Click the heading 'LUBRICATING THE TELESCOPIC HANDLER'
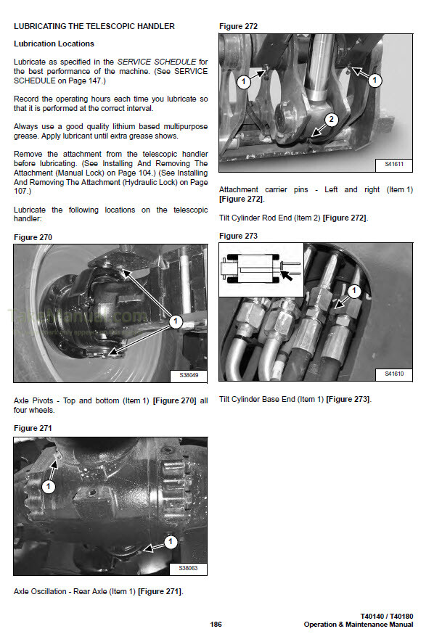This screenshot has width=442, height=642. pos(94,26)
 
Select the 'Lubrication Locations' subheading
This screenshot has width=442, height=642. pos(54,44)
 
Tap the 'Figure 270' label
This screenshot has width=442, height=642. pos(33,237)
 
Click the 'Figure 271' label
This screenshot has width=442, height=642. pos(33,428)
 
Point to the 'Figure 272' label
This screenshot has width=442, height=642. pos(238,26)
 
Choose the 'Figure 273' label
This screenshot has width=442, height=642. pos(238,236)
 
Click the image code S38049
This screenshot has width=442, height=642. pos(188,376)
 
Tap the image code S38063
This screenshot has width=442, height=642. pos(188,568)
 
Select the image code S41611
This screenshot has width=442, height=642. pos(394,165)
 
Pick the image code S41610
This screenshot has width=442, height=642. pos(394,374)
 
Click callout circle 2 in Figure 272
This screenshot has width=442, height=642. pos(331,120)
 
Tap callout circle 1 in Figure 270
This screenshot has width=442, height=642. pos(175,319)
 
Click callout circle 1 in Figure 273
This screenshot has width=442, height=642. pos(354,292)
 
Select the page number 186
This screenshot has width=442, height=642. pos(216,625)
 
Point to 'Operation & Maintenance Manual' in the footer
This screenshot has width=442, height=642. pos(359,625)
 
